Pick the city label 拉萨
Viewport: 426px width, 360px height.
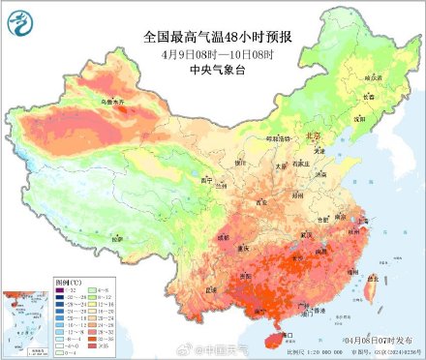tap(117, 237)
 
